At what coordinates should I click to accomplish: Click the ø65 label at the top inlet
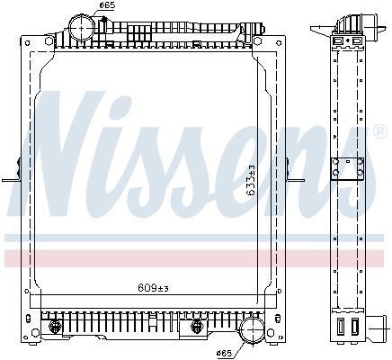(107, 6)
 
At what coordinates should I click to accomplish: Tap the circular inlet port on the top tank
(83, 28)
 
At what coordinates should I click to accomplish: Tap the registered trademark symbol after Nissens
(381, 132)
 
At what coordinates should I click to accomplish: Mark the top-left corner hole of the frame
(24, 40)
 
